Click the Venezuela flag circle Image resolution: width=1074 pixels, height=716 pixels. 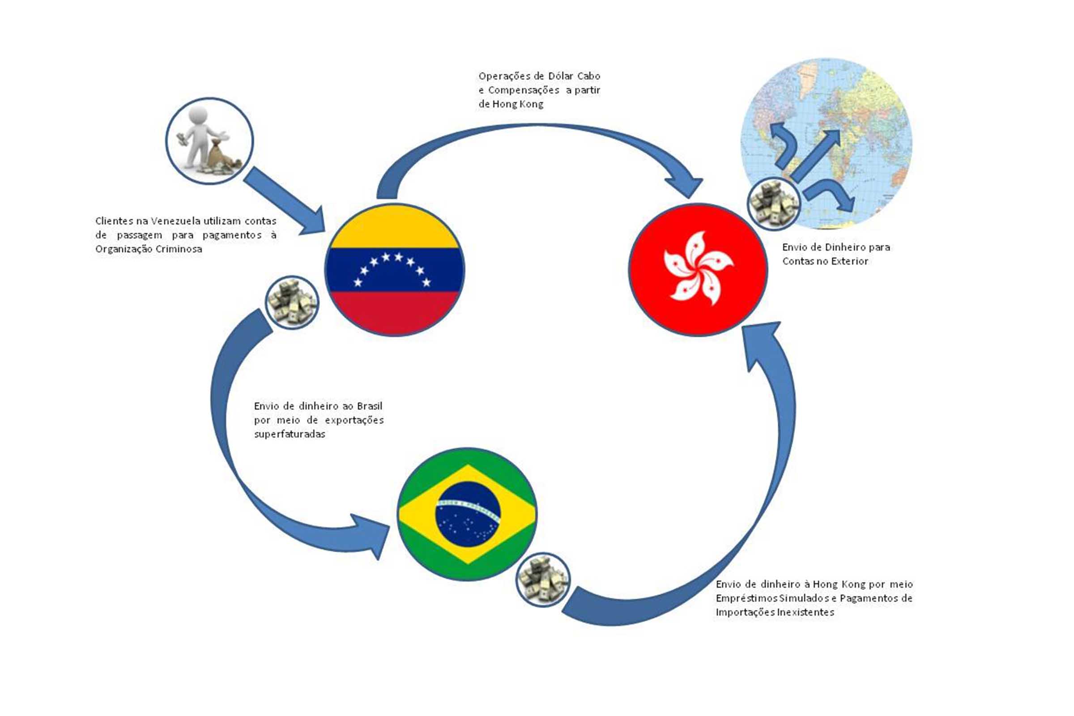click(395, 269)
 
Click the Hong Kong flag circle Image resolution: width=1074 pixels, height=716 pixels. click(698, 269)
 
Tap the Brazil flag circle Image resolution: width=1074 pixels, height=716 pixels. click(467, 514)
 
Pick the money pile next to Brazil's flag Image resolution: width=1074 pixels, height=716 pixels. click(543, 580)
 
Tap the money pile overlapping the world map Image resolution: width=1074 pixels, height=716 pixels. click(774, 203)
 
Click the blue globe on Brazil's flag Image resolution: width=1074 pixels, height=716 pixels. click(468, 514)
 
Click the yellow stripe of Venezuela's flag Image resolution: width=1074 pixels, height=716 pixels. click(395, 228)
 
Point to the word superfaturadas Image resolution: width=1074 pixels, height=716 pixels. click(290, 434)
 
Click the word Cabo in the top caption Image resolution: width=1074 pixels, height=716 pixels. click(588, 76)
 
